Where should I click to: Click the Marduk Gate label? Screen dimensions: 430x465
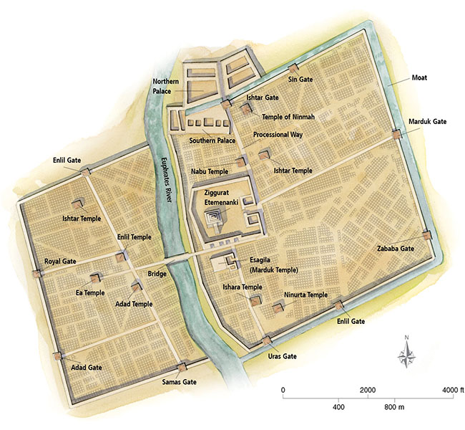428,122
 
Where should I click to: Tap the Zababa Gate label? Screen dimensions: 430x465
396,248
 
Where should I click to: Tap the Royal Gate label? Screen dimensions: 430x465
60,262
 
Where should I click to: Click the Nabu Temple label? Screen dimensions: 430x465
209,172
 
